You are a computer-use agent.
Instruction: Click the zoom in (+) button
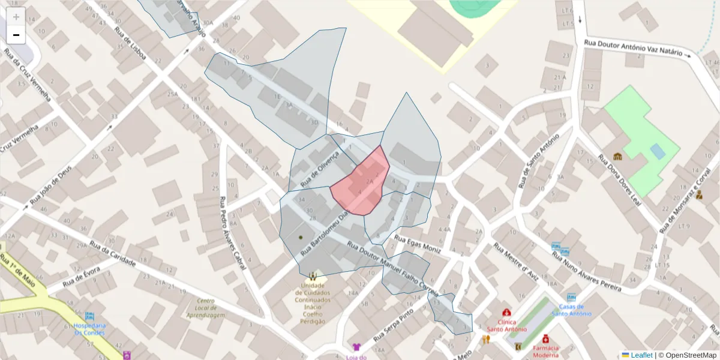[x=16, y=17]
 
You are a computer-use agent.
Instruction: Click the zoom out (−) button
[x=16, y=35]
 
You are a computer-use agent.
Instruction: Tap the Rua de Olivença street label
[x=320, y=168]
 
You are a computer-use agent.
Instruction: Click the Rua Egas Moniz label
[x=418, y=243]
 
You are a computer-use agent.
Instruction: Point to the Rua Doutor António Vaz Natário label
[x=633, y=47]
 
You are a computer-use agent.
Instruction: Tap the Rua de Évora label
[x=81, y=278]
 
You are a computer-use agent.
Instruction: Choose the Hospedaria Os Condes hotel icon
[x=90, y=316]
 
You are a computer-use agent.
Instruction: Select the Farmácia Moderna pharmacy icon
[x=545, y=339]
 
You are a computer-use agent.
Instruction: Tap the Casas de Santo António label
[x=571, y=310]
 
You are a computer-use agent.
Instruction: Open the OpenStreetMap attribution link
[x=687, y=355]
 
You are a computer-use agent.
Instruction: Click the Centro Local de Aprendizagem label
[x=206, y=307]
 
